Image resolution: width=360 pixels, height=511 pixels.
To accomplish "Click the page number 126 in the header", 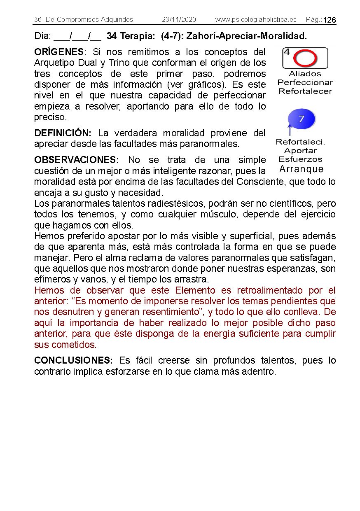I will tap(330, 20).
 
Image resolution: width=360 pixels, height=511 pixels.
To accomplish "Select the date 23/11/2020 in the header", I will tap(179, 20).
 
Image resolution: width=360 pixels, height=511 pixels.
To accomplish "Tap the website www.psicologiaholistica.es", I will tap(255, 20).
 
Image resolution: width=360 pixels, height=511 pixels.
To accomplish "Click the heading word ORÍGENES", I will tap(59, 52).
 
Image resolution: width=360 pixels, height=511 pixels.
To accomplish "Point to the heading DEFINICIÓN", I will tap(63, 133).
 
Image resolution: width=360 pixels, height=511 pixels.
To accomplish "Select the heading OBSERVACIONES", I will tap(76, 160).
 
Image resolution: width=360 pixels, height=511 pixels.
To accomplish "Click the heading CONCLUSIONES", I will tap(73, 361).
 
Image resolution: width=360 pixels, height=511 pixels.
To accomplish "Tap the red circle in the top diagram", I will tap(305, 59).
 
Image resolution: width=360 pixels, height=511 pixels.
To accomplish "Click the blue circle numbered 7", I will tap(301, 119).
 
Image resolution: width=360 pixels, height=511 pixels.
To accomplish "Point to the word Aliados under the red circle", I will tap(305, 74).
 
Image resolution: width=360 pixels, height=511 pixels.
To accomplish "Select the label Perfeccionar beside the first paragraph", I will tap(305, 83).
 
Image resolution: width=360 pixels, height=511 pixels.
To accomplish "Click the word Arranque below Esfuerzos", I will tap(301, 169).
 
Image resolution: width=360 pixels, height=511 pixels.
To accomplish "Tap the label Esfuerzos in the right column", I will tap(301, 159).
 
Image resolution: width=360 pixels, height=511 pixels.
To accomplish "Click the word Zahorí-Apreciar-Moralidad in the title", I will tap(246, 36).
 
